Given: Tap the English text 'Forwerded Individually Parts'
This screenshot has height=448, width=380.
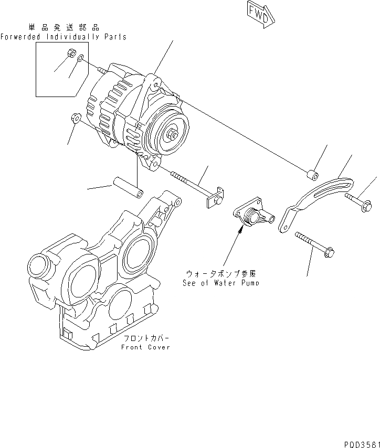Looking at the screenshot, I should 63,37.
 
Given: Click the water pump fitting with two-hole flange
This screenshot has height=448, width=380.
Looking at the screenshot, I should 253,216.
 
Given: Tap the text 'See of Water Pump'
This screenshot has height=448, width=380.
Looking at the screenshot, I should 221,283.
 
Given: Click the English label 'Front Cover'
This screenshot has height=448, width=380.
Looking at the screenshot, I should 145,347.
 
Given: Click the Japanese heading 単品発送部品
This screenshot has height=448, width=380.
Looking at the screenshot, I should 62,27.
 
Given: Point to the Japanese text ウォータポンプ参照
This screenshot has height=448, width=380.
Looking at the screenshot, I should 221,274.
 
